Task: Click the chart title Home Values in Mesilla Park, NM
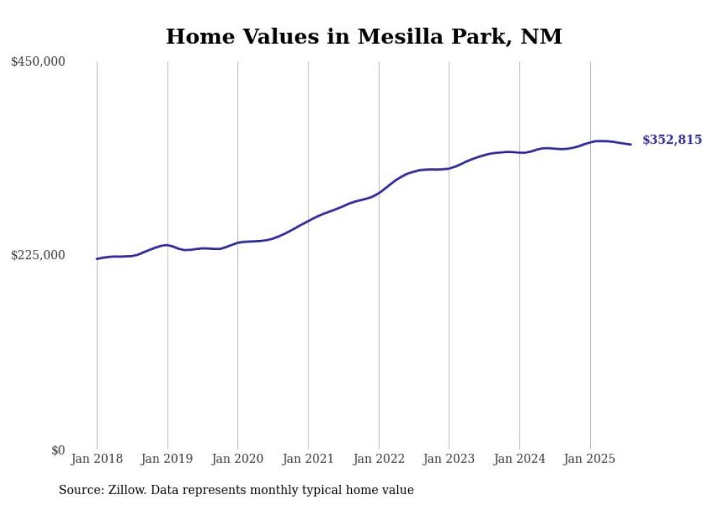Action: pos(363,36)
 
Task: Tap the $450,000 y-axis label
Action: pos(38,62)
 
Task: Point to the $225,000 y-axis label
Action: pos(38,255)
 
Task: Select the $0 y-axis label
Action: pos(58,450)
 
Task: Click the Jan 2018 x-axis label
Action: pos(97,459)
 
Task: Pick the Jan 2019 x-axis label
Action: pos(168,459)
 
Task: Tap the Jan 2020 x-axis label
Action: pos(238,459)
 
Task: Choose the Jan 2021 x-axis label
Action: pos(308,459)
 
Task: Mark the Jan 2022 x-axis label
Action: pos(379,459)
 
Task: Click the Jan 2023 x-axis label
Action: pos(449,459)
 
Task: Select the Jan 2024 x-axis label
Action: pos(519,459)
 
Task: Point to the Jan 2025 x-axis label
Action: pos(590,459)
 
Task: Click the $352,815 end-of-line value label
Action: pos(671,140)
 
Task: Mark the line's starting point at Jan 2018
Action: pos(97,259)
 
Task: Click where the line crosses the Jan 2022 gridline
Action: pos(379,193)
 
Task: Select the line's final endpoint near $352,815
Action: pos(631,144)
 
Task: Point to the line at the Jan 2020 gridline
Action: pos(238,243)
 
